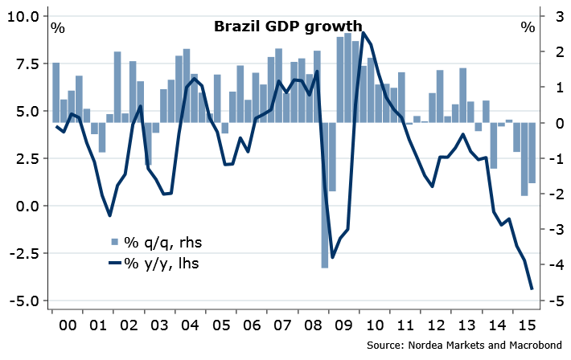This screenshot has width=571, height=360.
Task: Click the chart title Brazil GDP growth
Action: pyautogui.click(x=287, y=27)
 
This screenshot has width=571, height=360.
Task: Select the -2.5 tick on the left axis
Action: pyautogui.click(x=27, y=254)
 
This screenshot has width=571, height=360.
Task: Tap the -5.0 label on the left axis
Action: pyautogui.click(x=27, y=301)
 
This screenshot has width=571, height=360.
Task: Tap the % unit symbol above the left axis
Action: pyautogui.click(x=58, y=27)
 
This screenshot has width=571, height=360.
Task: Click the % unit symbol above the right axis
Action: pyautogui.click(x=527, y=27)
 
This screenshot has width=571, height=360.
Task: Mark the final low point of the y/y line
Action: pyautogui.click(x=532, y=288)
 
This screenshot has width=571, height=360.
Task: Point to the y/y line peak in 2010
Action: pyautogui.click(x=364, y=33)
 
